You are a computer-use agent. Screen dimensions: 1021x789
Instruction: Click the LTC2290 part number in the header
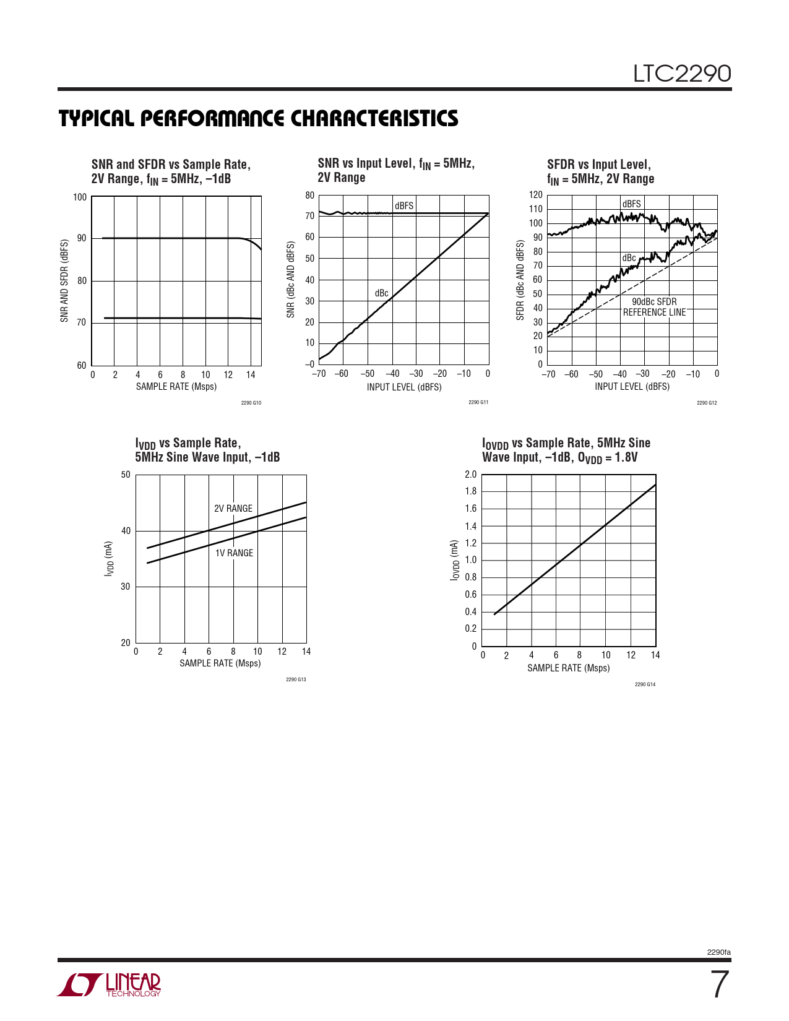coord(681,74)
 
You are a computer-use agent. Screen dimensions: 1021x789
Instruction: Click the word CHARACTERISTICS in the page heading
coord(374,118)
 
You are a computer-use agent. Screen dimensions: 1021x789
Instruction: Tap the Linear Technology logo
coord(109,985)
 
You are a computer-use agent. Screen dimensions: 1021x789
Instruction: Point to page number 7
coord(718,985)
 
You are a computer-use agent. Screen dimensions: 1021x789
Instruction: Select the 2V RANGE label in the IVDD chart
coord(233,509)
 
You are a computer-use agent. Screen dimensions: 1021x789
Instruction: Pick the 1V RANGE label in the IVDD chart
coord(234,553)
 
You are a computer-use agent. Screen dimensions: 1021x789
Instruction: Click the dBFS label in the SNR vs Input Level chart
coord(404,206)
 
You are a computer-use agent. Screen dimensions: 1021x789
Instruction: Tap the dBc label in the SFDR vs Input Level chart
coord(629,258)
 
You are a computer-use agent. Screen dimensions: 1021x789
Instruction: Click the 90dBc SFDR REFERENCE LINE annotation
coord(654,307)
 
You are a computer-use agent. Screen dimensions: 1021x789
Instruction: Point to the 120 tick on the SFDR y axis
coord(535,195)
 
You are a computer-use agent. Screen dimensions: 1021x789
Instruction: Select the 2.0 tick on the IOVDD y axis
coord(470,475)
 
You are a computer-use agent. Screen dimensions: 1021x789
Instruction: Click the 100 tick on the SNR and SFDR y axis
coord(80,197)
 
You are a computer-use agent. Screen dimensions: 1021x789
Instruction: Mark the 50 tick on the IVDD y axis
coord(126,475)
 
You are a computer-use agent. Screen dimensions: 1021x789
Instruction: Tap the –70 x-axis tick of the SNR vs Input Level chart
coord(319,374)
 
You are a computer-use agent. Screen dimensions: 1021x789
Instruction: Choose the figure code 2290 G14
coord(645,684)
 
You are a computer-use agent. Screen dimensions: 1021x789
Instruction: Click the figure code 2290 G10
coord(251,403)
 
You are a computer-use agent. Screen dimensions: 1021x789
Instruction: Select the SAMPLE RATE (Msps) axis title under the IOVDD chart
coord(568,668)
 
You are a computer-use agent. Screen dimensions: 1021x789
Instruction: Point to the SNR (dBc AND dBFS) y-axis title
coord(291,280)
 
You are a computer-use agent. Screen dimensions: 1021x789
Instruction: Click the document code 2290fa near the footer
coord(718,952)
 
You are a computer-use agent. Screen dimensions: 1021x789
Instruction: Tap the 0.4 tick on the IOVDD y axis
coord(470,612)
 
